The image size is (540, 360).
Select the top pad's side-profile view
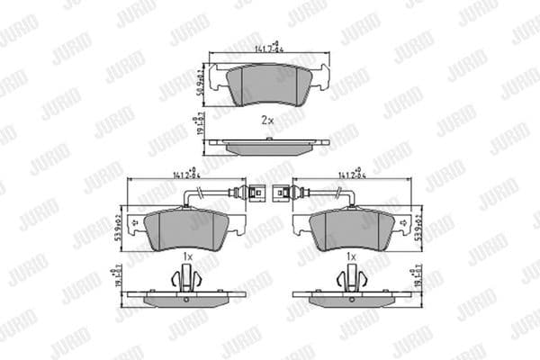pyautogui.click(x=266, y=144)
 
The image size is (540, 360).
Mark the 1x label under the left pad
pyautogui.click(x=187, y=256)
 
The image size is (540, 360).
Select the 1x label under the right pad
pyautogui.click(x=352, y=256)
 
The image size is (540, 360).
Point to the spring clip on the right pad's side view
pyautogui.click(x=352, y=281)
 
